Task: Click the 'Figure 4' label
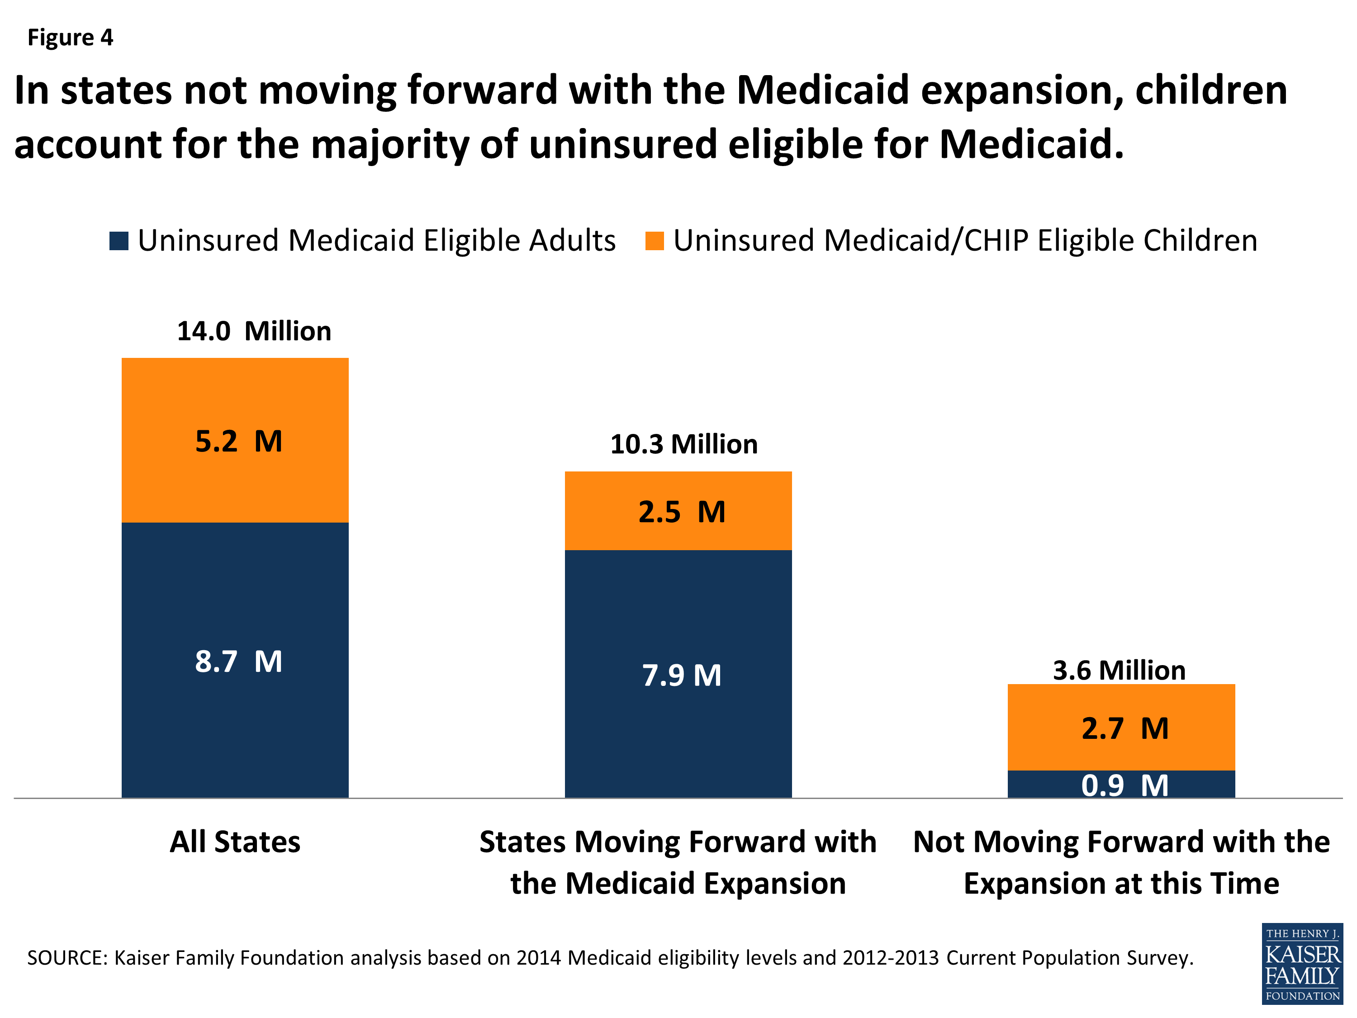(x=70, y=38)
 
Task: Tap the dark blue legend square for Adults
(x=119, y=241)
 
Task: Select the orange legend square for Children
(x=655, y=241)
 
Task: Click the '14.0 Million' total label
(x=254, y=331)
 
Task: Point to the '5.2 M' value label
(x=239, y=441)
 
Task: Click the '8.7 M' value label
(x=239, y=661)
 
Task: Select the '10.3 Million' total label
(x=683, y=444)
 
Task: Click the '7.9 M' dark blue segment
(x=678, y=675)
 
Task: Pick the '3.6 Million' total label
(x=1119, y=670)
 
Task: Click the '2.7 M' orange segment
(x=1121, y=728)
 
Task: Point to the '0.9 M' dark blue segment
(x=1121, y=785)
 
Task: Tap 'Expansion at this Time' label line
(x=1121, y=884)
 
